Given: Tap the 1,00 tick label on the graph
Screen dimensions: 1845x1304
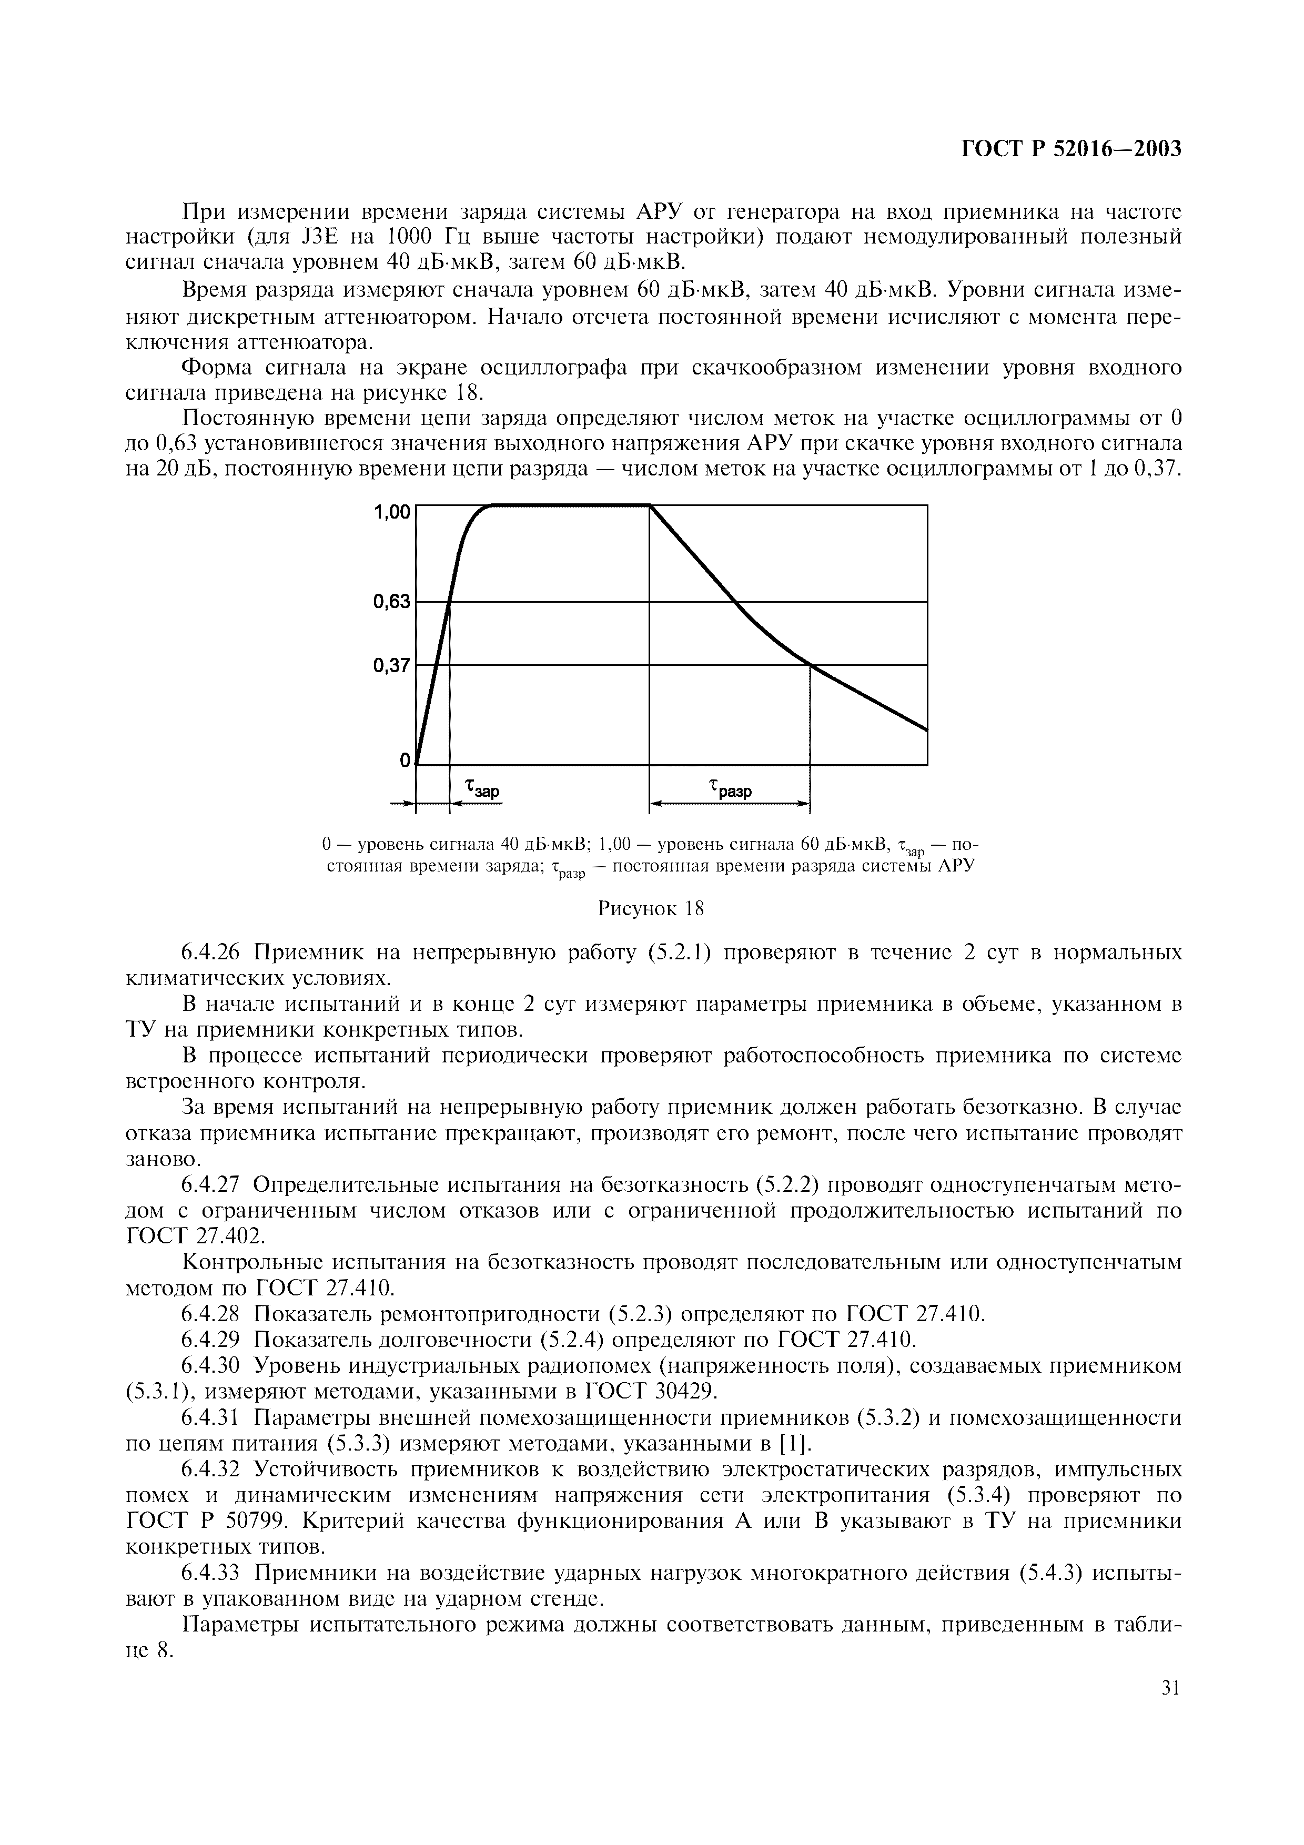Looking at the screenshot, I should coord(392,511).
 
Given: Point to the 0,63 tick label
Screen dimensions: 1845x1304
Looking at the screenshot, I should coord(392,601).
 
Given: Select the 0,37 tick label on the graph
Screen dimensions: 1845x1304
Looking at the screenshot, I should coord(392,665).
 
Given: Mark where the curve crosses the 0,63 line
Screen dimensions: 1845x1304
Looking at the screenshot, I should coord(450,601).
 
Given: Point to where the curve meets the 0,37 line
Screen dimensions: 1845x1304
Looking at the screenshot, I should coord(810,665).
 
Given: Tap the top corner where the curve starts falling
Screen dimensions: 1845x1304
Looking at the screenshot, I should coord(649,505).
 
